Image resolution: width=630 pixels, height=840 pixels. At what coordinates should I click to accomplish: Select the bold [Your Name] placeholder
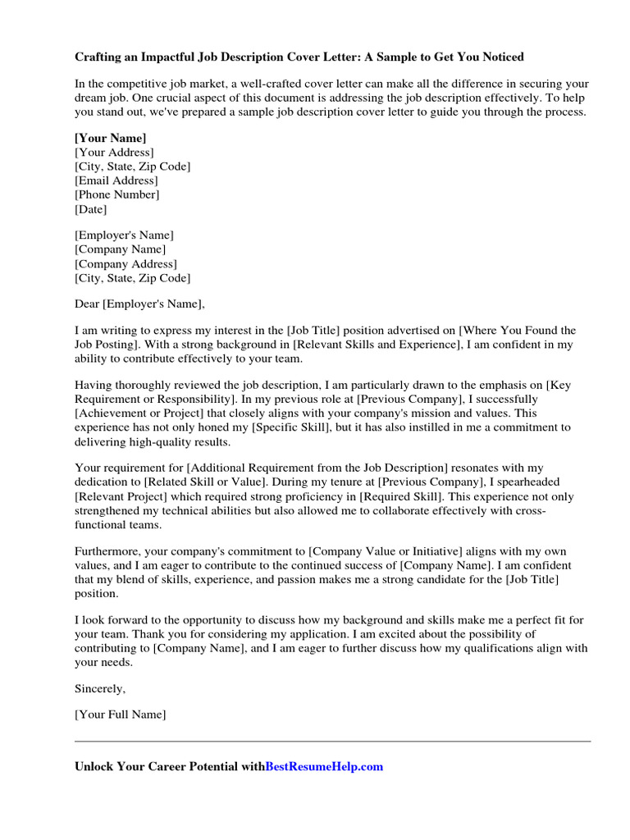[111, 138]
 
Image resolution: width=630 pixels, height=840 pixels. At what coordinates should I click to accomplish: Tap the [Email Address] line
[116, 180]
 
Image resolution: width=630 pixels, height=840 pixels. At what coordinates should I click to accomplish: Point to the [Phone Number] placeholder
[117, 194]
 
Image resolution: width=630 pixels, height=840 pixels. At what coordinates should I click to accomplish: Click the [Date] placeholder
[91, 209]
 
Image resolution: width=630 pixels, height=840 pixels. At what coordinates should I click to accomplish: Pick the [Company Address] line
[126, 264]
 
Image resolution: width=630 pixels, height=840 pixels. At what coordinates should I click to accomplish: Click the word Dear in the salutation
[86, 304]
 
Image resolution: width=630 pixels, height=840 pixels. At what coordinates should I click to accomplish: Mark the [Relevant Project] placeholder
[126, 497]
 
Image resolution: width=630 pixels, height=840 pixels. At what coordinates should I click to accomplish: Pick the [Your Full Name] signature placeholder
[121, 715]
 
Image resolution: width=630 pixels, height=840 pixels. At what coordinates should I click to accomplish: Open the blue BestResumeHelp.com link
[325, 767]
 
